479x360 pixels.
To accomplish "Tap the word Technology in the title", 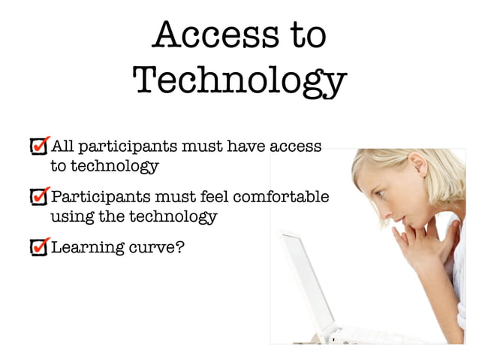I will [x=239, y=80].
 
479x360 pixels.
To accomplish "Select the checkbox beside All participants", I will [x=38, y=146].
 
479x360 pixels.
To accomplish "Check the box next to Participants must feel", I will [x=38, y=197].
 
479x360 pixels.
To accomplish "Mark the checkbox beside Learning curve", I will [x=38, y=247].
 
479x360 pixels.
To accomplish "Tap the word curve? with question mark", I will [x=154, y=247].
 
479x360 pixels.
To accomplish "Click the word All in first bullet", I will [x=62, y=146].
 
